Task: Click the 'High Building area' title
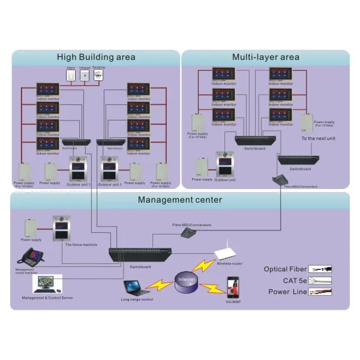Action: click(x=96, y=58)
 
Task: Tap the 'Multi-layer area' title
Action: click(x=266, y=58)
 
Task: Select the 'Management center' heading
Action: click(x=180, y=200)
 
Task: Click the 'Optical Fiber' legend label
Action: click(x=286, y=269)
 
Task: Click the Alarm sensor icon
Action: click(x=71, y=77)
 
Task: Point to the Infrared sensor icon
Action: click(x=85, y=77)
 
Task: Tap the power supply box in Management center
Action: click(x=32, y=227)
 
